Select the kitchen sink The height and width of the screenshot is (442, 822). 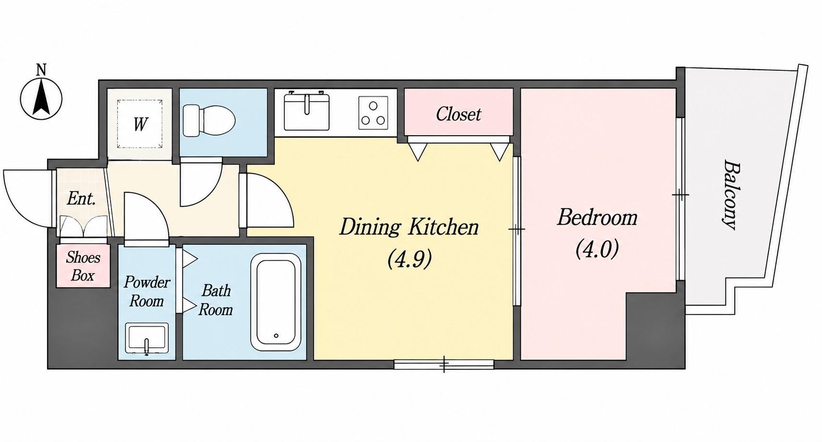click(x=307, y=111)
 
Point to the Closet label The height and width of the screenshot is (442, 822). click(x=458, y=114)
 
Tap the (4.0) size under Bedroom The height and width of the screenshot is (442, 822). click(x=597, y=249)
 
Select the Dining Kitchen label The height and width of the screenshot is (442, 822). click(x=409, y=227)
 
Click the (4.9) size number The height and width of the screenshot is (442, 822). click(x=409, y=259)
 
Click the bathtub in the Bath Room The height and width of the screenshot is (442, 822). click(x=276, y=303)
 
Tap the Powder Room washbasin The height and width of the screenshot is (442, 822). click(x=147, y=339)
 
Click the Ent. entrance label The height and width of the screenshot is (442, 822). click(x=82, y=199)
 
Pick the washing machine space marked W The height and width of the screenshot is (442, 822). click(x=140, y=124)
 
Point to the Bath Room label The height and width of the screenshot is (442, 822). click(x=215, y=300)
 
